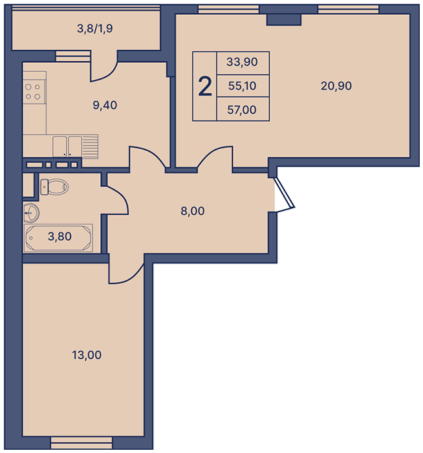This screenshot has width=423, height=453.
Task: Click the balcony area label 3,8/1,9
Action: [x=94, y=29]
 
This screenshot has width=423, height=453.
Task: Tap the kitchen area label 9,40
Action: [x=105, y=105]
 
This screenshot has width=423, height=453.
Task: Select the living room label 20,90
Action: [x=336, y=86]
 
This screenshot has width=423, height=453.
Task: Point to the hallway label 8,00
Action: [x=193, y=211]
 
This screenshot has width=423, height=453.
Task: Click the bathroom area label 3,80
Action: [x=60, y=236]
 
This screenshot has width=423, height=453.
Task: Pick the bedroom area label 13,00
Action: [x=87, y=355]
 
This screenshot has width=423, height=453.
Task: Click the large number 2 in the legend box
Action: [x=205, y=86]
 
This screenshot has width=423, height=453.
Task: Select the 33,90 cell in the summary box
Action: [x=243, y=62]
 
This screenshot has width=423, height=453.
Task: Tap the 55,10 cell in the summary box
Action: [x=243, y=86]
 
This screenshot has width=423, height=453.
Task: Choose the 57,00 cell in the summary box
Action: [x=243, y=110]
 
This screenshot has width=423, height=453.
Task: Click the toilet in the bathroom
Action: [x=54, y=187]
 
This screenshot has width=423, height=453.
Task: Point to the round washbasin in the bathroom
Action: [x=32, y=213]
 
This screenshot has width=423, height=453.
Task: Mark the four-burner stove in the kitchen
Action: [x=33, y=92]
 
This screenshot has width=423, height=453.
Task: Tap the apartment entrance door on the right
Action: [x=284, y=193]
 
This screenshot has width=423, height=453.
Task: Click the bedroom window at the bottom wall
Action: [x=81, y=442]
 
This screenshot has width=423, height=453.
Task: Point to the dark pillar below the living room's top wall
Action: [x=284, y=20]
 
